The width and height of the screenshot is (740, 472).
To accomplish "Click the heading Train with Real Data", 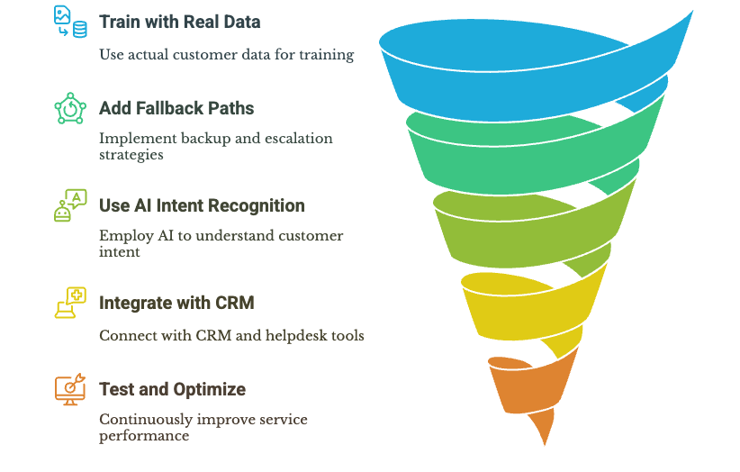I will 180,22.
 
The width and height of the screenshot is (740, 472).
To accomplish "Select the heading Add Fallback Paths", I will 176,108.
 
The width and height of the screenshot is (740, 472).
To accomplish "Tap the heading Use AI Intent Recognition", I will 202,205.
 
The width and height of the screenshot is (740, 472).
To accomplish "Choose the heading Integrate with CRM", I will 176,303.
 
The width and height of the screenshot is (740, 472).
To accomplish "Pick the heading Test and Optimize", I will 172,389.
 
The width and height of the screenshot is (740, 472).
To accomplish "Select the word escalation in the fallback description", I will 293,139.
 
